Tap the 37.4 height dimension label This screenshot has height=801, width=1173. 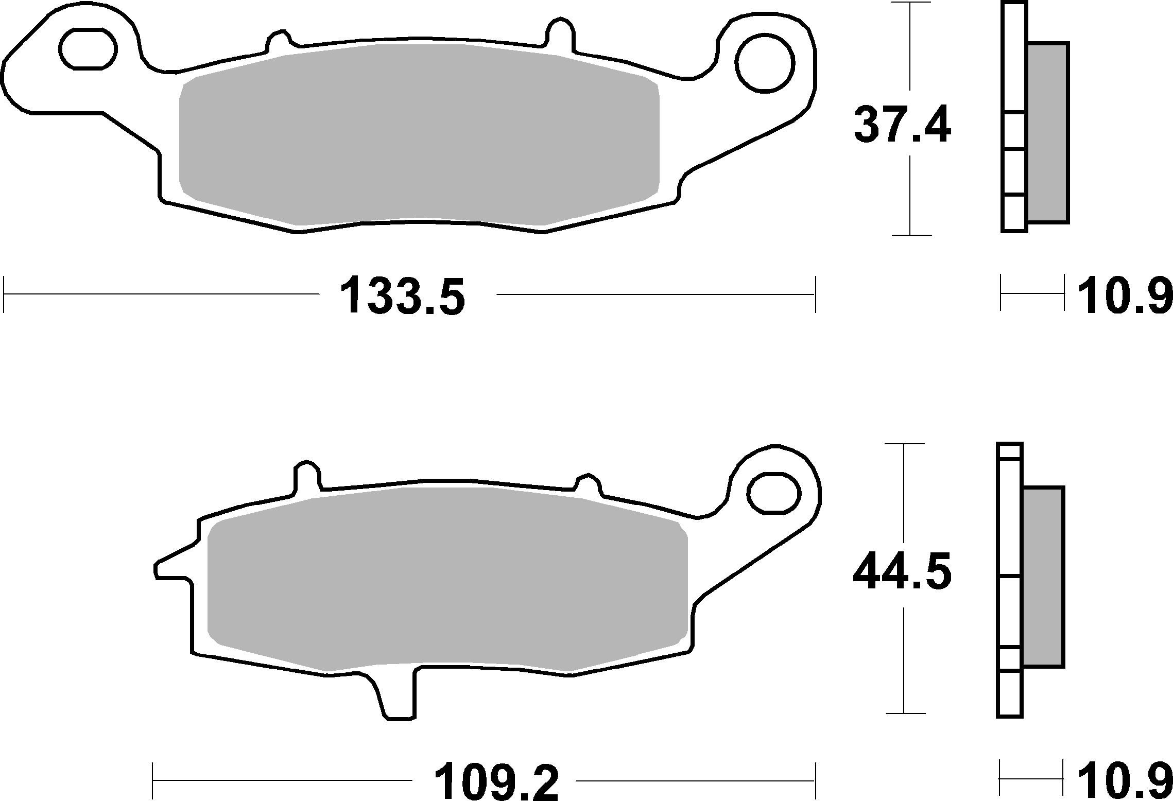[902, 125]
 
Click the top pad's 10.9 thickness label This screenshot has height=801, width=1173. [1120, 295]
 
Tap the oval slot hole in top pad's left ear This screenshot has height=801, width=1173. [88, 49]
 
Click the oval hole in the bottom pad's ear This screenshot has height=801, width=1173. [774, 494]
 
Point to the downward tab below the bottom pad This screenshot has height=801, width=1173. [396, 698]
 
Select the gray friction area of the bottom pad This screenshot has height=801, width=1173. [447, 581]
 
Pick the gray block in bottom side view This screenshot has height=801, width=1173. [1043, 577]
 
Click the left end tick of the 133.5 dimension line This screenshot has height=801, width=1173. [4, 294]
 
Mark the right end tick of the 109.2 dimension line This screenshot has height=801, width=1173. [815, 781]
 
